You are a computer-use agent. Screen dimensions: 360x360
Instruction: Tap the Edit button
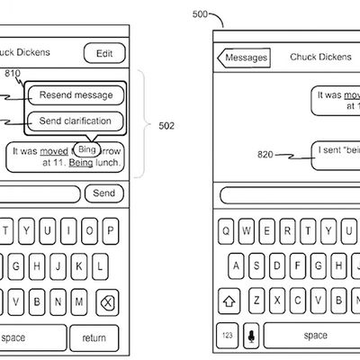tap(104, 54)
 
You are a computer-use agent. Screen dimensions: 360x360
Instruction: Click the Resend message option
tap(75, 94)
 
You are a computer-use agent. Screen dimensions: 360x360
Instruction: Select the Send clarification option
tap(75, 120)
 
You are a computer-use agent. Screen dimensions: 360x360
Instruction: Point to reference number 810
tap(13, 74)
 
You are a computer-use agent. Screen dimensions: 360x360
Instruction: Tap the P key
tap(112, 231)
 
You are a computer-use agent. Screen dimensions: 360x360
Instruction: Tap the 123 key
tap(229, 336)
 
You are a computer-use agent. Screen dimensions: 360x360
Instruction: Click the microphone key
tap(253, 336)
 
